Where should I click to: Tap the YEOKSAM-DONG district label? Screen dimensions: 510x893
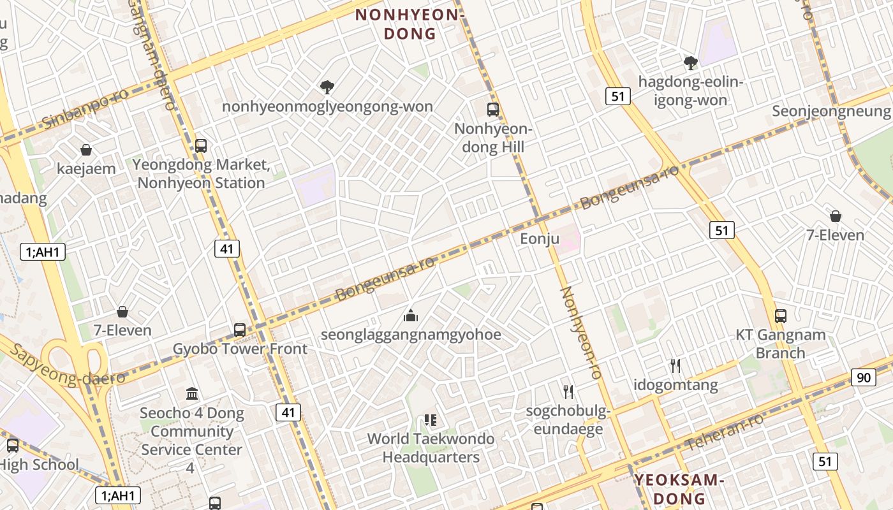pyautogui.click(x=679, y=489)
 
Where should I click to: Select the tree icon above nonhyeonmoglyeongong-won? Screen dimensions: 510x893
pyautogui.click(x=327, y=87)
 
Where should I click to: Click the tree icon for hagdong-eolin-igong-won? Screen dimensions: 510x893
pyautogui.click(x=690, y=62)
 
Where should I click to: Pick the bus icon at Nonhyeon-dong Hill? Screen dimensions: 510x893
pyautogui.click(x=493, y=109)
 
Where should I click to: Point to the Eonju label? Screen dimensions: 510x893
pyautogui.click(x=540, y=239)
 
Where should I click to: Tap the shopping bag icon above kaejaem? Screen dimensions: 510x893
pyautogui.click(x=86, y=150)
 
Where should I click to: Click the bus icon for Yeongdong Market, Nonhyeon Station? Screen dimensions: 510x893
pyautogui.click(x=201, y=145)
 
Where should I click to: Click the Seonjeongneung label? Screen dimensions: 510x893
pyautogui.click(x=831, y=111)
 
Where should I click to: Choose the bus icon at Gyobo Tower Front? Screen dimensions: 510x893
pyautogui.click(x=240, y=330)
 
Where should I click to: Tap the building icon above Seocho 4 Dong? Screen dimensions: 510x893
pyautogui.click(x=192, y=393)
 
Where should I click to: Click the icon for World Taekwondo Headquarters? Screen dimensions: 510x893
pyautogui.click(x=431, y=420)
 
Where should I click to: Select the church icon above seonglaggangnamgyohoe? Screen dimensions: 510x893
pyautogui.click(x=411, y=315)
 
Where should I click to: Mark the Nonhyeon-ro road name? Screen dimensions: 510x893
pyautogui.click(x=581, y=333)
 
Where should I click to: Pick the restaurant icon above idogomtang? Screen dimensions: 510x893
pyautogui.click(x=675, y=366)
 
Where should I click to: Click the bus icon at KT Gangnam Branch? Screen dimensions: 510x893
pyautogui.click(x=781, y=316)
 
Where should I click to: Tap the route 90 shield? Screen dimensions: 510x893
pyautogui.click(x=863, y=377)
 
